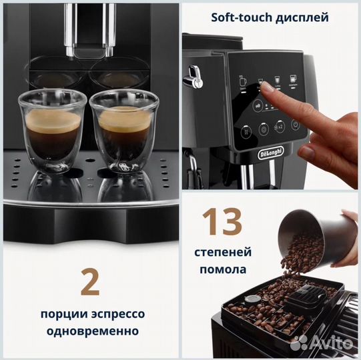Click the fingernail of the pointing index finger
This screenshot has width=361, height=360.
[267, 87]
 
